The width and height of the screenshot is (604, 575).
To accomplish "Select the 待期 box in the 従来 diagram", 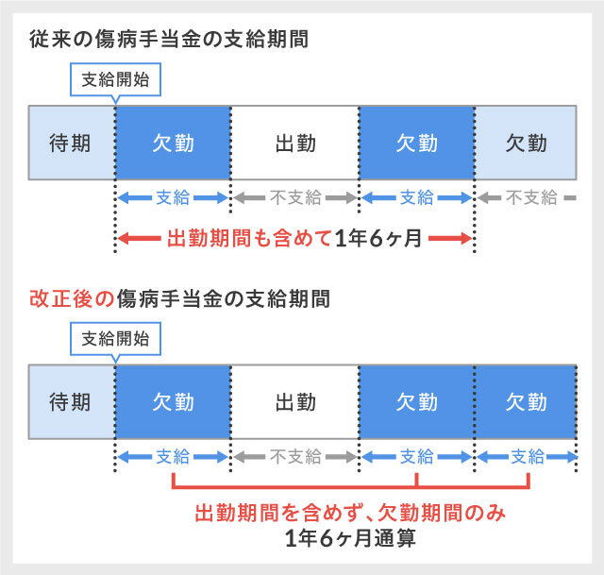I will click(71, 143).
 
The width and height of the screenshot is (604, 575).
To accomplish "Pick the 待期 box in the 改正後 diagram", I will click(71, 401).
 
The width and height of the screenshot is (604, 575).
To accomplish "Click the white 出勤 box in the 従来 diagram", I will click(294, 143).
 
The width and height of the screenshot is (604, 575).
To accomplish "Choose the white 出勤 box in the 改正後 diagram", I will click(294, 401).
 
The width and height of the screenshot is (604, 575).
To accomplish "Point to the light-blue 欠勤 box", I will click(526, 143).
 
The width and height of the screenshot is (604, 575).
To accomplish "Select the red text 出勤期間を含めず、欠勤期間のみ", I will click(350, 515).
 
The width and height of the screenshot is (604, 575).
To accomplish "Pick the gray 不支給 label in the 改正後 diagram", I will click(294, 457).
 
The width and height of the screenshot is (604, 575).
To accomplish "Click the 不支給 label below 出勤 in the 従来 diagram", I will click(294, 198).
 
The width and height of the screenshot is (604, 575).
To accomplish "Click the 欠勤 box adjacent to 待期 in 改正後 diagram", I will click(173, 401).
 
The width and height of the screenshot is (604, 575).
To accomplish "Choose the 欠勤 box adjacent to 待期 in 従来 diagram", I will click(173, 143).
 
